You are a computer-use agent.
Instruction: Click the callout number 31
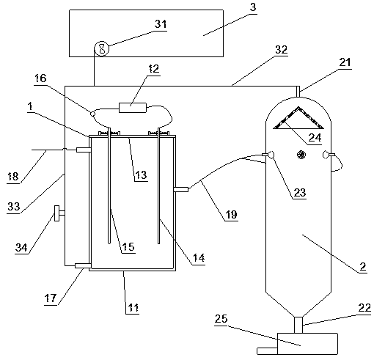161,24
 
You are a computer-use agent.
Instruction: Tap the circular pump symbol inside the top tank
102,48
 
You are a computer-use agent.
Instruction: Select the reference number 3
253,7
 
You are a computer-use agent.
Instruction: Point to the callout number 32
282,50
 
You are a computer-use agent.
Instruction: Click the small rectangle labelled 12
133,108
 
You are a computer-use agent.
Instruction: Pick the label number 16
40,78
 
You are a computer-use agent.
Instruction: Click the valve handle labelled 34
56,213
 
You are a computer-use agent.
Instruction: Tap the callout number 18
13,176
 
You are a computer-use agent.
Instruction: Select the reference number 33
13,206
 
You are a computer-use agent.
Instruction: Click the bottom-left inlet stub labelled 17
83,265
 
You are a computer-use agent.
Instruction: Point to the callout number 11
133,308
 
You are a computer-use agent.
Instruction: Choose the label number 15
128,247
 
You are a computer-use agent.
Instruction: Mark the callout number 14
199,258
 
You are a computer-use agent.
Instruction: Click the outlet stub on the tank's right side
181,189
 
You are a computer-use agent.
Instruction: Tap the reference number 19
231,214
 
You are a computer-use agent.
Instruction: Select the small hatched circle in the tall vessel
301,155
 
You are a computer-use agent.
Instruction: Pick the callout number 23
300,193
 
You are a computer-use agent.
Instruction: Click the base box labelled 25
307,344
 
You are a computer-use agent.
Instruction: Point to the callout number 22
364,308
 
